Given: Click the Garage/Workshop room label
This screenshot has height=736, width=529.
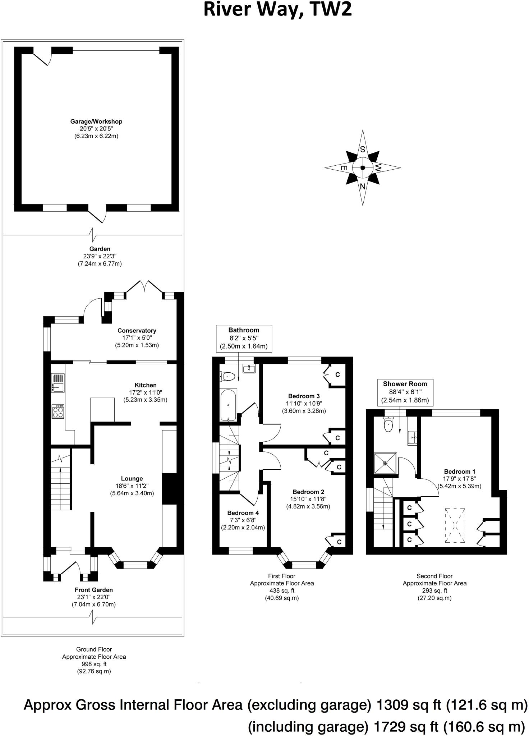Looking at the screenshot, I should pyautogui.click(x=96, y=121).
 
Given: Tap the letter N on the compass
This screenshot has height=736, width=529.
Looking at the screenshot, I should pyautogui.click(x=363, y=186).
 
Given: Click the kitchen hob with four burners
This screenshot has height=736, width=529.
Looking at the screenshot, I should pyautogui.click(x=59, y=411).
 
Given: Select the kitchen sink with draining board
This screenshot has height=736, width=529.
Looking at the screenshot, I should pyautogui.click(x=58, y=383).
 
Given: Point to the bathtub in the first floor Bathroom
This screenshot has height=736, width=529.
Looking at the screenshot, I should pyautogui.click(x=228, y=405).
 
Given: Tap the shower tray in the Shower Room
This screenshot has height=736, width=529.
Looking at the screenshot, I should pyautogui.click(x=385, y=463).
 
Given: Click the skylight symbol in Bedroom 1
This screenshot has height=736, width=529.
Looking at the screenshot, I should pyautogui.click(x=455, y=525).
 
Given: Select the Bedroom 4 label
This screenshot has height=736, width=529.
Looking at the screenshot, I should pyautogui.click(x=243, y=513).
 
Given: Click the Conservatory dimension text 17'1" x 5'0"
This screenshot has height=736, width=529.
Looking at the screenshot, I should pyautogui.click(x=137, y=338).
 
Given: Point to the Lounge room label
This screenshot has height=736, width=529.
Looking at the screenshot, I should pyautogui.click(x=132, y=478).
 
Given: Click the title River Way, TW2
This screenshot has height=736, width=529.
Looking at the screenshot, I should pyautogui.click(x=277, y=10).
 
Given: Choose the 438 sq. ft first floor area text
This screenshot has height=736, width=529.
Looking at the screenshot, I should pyautogui.click(x=282, y=590).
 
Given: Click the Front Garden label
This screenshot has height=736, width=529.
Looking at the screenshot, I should pyautogui.click(x=94, y=590).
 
